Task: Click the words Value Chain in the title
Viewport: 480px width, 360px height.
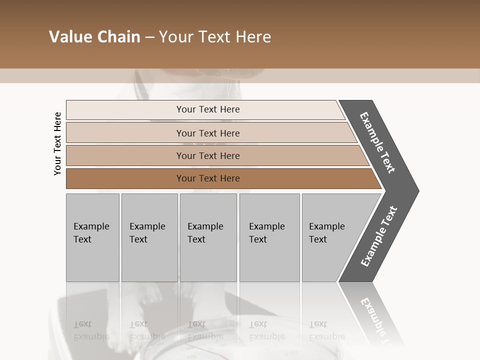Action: (x=94, y=37)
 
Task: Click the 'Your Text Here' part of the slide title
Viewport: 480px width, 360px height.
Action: (x=215, y=37)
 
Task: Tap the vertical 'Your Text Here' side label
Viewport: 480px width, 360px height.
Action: (x=57, y=143)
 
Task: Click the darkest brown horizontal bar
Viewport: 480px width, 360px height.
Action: (x=125, y=178)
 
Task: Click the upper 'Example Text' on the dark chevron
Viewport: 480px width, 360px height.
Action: (x=378, y=142)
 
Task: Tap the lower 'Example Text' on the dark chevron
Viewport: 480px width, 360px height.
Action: (x=379, y=236)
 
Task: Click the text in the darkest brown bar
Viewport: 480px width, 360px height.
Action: (x=208, y=178)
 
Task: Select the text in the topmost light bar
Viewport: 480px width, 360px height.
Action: (x=208, y=109)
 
